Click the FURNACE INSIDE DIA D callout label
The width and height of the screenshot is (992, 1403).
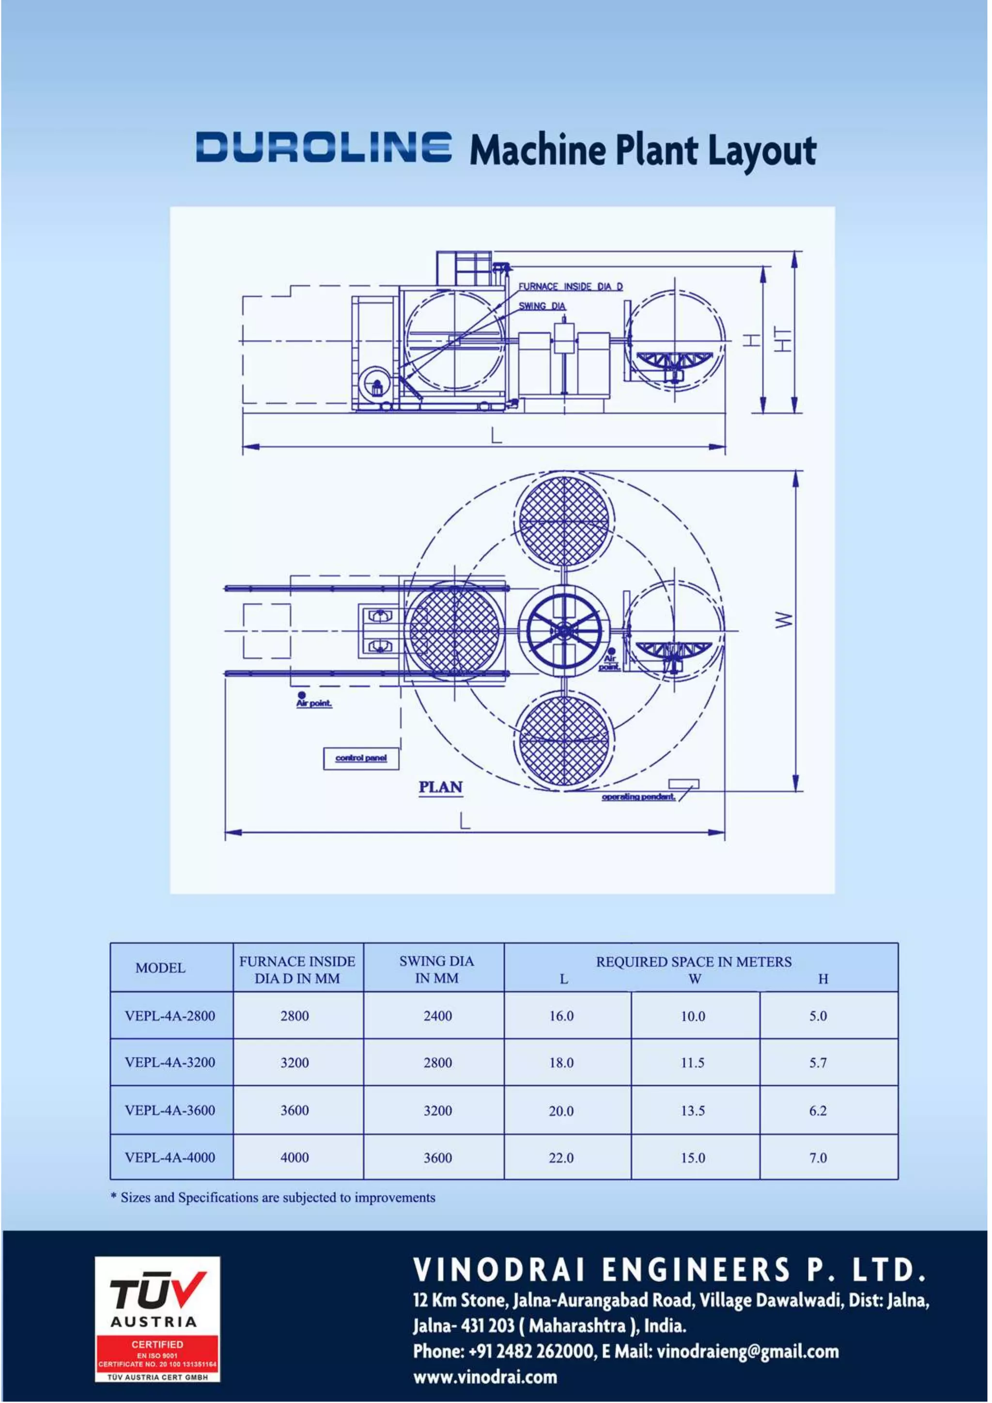[x=571, y=287]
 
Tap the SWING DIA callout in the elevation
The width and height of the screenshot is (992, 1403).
[x=542, y=306]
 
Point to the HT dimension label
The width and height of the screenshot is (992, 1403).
[x=782, y=339]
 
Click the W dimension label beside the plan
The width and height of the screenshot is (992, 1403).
[x=784, y=620]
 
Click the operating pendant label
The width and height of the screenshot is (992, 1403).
[x=638, y=797]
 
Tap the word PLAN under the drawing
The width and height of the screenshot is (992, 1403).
[x=440, y=787]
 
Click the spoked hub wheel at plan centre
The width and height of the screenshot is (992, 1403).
[x=564, y=630]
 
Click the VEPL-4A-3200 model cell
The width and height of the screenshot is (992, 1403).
[x=170, y=1062]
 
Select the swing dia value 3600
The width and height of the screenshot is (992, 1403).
[x=438, y=1157]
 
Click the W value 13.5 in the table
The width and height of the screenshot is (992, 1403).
[x=693, y=1110]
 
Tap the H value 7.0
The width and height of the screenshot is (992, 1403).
[x=818, y=1157]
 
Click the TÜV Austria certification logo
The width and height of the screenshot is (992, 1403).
[x=157, y=1319]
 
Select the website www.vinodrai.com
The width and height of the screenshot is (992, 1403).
[x=485, y=1377]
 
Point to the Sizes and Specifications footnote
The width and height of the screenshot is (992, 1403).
[x=273, y=1198]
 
